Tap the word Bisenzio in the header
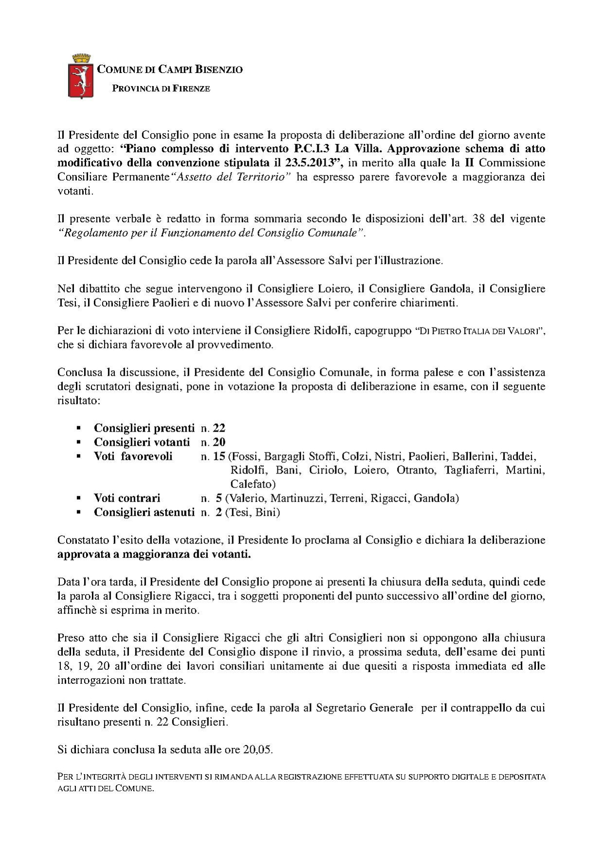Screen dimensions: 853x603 tap(219, 70)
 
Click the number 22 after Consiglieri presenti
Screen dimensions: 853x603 tap(219, 428)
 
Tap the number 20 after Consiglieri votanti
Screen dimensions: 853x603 tap(219, 442)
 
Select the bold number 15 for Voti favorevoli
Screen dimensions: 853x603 tap(220, 456)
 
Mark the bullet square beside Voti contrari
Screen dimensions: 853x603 tap(77, 499)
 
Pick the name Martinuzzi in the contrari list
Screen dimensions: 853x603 tap(295, 498)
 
